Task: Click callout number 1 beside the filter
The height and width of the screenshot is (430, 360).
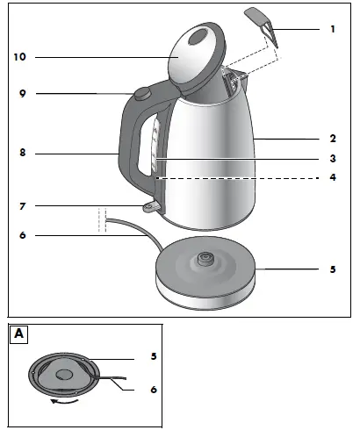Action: tap(333, 29)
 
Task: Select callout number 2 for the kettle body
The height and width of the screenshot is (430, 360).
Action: tap(333, 138)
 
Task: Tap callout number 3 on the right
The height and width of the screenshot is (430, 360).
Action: tap(333, 159)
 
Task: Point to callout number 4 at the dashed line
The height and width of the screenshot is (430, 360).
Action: tap(333, 177)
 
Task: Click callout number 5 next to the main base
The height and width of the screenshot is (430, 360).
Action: tap(333, 269)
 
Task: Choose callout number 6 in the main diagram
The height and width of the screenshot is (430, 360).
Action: tap(24, 235)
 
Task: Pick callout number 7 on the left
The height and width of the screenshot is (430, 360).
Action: tap(24, 207)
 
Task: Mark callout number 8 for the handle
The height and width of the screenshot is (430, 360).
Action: tap(24, 154)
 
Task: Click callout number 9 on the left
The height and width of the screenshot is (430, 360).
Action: tap(24, 93)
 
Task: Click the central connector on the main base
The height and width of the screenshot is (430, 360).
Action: tap(205, 259)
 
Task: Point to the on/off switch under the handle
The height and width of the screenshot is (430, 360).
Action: tap(154, 206)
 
